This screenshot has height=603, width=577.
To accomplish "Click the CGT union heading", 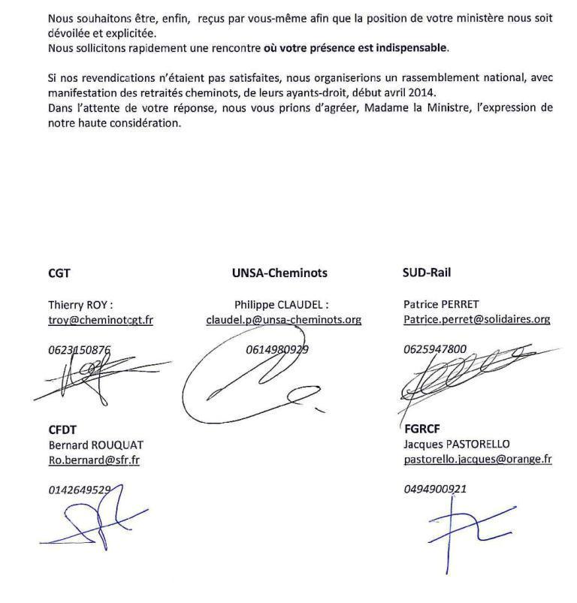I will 59,273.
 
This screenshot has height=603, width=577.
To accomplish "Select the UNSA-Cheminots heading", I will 279,273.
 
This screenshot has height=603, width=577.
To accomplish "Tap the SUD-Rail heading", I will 427,273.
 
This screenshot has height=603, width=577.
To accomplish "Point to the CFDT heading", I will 62,430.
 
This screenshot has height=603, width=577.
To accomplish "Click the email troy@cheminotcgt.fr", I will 101,319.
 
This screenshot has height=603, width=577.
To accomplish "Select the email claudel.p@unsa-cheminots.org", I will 284,319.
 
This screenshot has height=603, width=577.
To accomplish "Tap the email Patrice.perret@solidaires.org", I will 476,319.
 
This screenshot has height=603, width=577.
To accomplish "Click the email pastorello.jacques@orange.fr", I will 478,459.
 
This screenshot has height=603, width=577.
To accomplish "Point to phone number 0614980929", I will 277,349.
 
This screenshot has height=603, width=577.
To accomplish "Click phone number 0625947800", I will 435,349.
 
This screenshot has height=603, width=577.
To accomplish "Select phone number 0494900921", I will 435,489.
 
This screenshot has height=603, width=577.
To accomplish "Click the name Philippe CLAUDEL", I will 281,304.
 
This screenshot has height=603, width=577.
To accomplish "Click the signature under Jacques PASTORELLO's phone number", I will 466,529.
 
